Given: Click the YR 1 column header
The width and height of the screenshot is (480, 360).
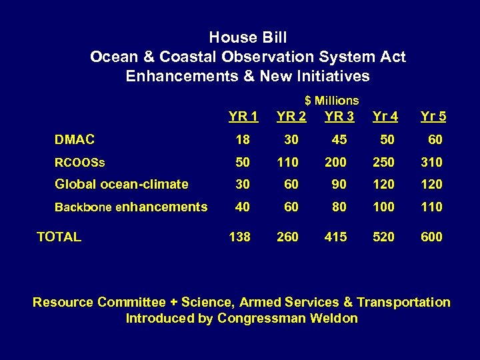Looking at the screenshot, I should [243, 117].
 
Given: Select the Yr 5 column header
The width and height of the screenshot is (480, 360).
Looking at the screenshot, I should [433, 117].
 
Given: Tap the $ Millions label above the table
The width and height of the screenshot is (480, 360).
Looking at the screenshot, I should [331, 101].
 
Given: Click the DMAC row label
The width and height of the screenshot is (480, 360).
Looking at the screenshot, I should [74, 139].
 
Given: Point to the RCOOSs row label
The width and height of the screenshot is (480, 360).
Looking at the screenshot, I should [80, 162].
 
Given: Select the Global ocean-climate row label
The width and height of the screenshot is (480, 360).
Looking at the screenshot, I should [121, 184].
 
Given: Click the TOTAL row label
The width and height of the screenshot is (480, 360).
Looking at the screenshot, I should [59, 236].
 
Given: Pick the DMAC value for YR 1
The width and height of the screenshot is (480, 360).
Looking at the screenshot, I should [243, 139].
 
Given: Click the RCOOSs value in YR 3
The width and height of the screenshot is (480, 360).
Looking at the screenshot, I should [335, 162].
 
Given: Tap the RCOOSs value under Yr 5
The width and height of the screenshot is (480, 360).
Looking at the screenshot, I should [431, 162].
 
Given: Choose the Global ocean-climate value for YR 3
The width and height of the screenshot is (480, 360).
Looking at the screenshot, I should [339, 184].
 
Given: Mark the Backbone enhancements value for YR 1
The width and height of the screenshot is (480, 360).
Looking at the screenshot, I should [243, 207].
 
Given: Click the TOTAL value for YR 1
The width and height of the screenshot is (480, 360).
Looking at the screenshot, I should [239, 236].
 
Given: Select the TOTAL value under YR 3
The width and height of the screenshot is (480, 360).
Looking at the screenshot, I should [335, 236].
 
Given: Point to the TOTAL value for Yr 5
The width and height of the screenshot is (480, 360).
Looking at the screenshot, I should [431, 236].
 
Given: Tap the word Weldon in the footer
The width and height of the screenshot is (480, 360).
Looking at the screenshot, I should [334, 318].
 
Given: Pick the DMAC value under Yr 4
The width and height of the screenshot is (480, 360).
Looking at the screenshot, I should [387, 139].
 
